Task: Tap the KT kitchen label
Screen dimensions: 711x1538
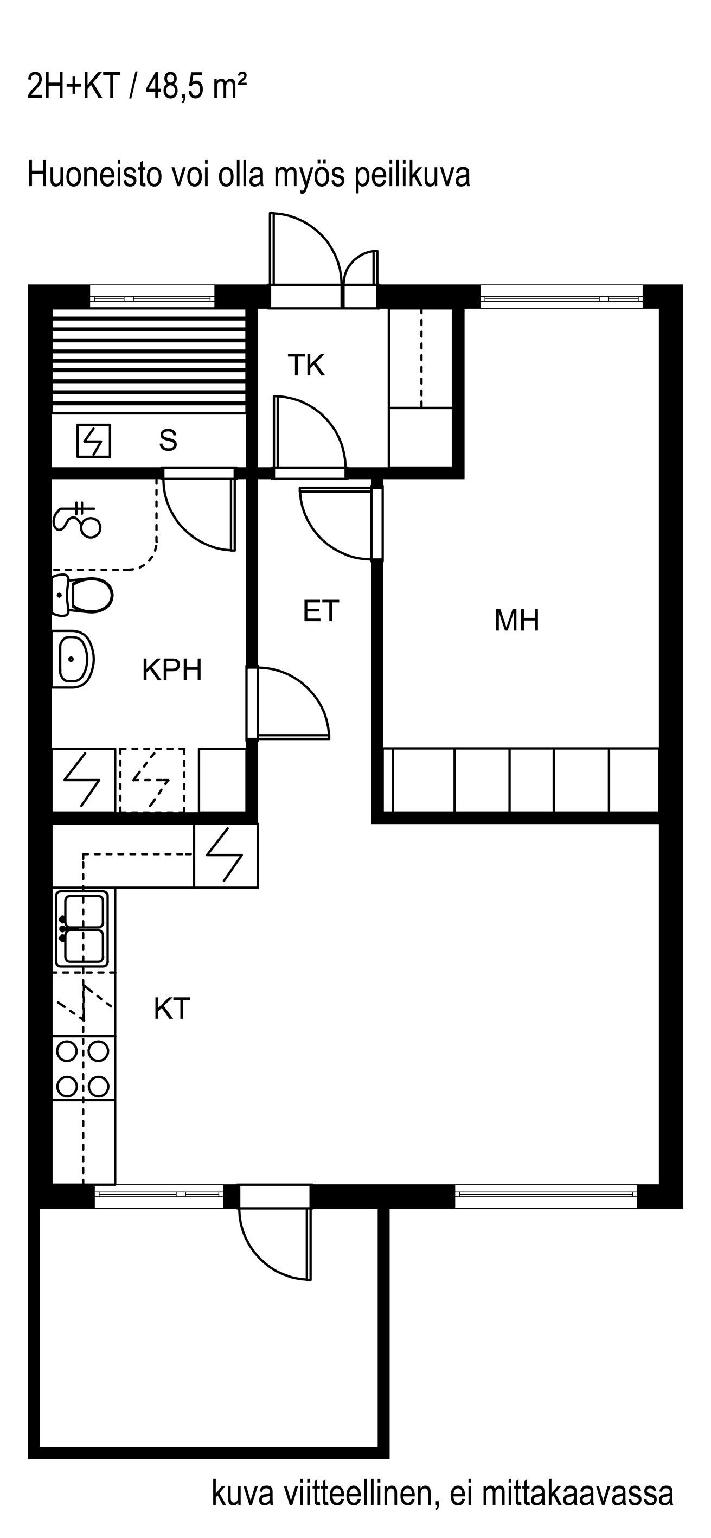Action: click(x=172, y=1009)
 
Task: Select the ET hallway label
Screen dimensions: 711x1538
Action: click(x=321, y=611)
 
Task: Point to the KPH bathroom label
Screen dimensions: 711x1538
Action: click(x=172, y=669)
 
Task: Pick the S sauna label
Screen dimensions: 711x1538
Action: click(x=168, y=440)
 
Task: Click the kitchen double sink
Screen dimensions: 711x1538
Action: click(x=82, y=928)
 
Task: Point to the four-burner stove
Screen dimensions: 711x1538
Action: click(x=83, y=1068)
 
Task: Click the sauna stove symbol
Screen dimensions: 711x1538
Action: click(x=94, y=441)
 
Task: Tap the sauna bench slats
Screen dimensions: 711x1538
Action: click(x=149, y=361)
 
